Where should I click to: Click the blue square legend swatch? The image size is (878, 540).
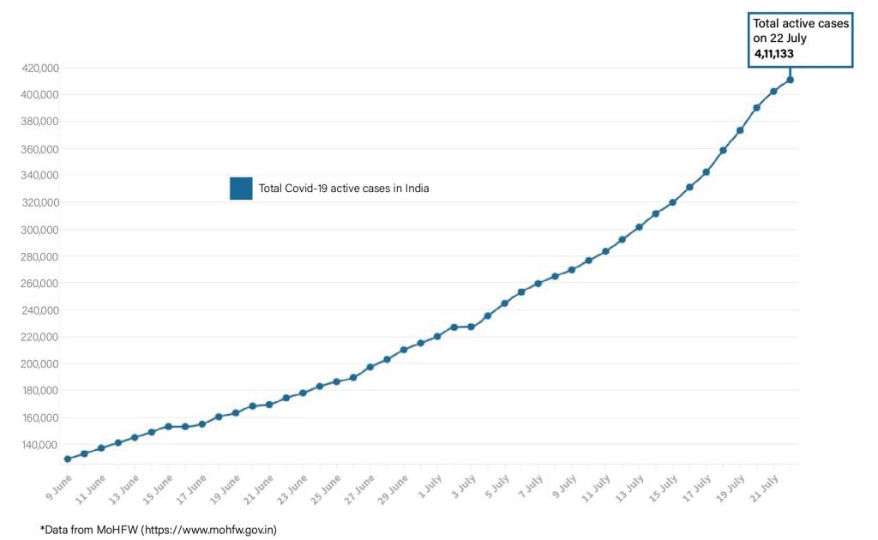[241, 189]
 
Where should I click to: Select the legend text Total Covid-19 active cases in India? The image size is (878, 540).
[344, 189]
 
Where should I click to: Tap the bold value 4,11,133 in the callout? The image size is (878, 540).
[773, 54]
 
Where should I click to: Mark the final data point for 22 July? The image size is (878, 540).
[790, 80]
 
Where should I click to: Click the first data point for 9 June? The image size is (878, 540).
[67, 459]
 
